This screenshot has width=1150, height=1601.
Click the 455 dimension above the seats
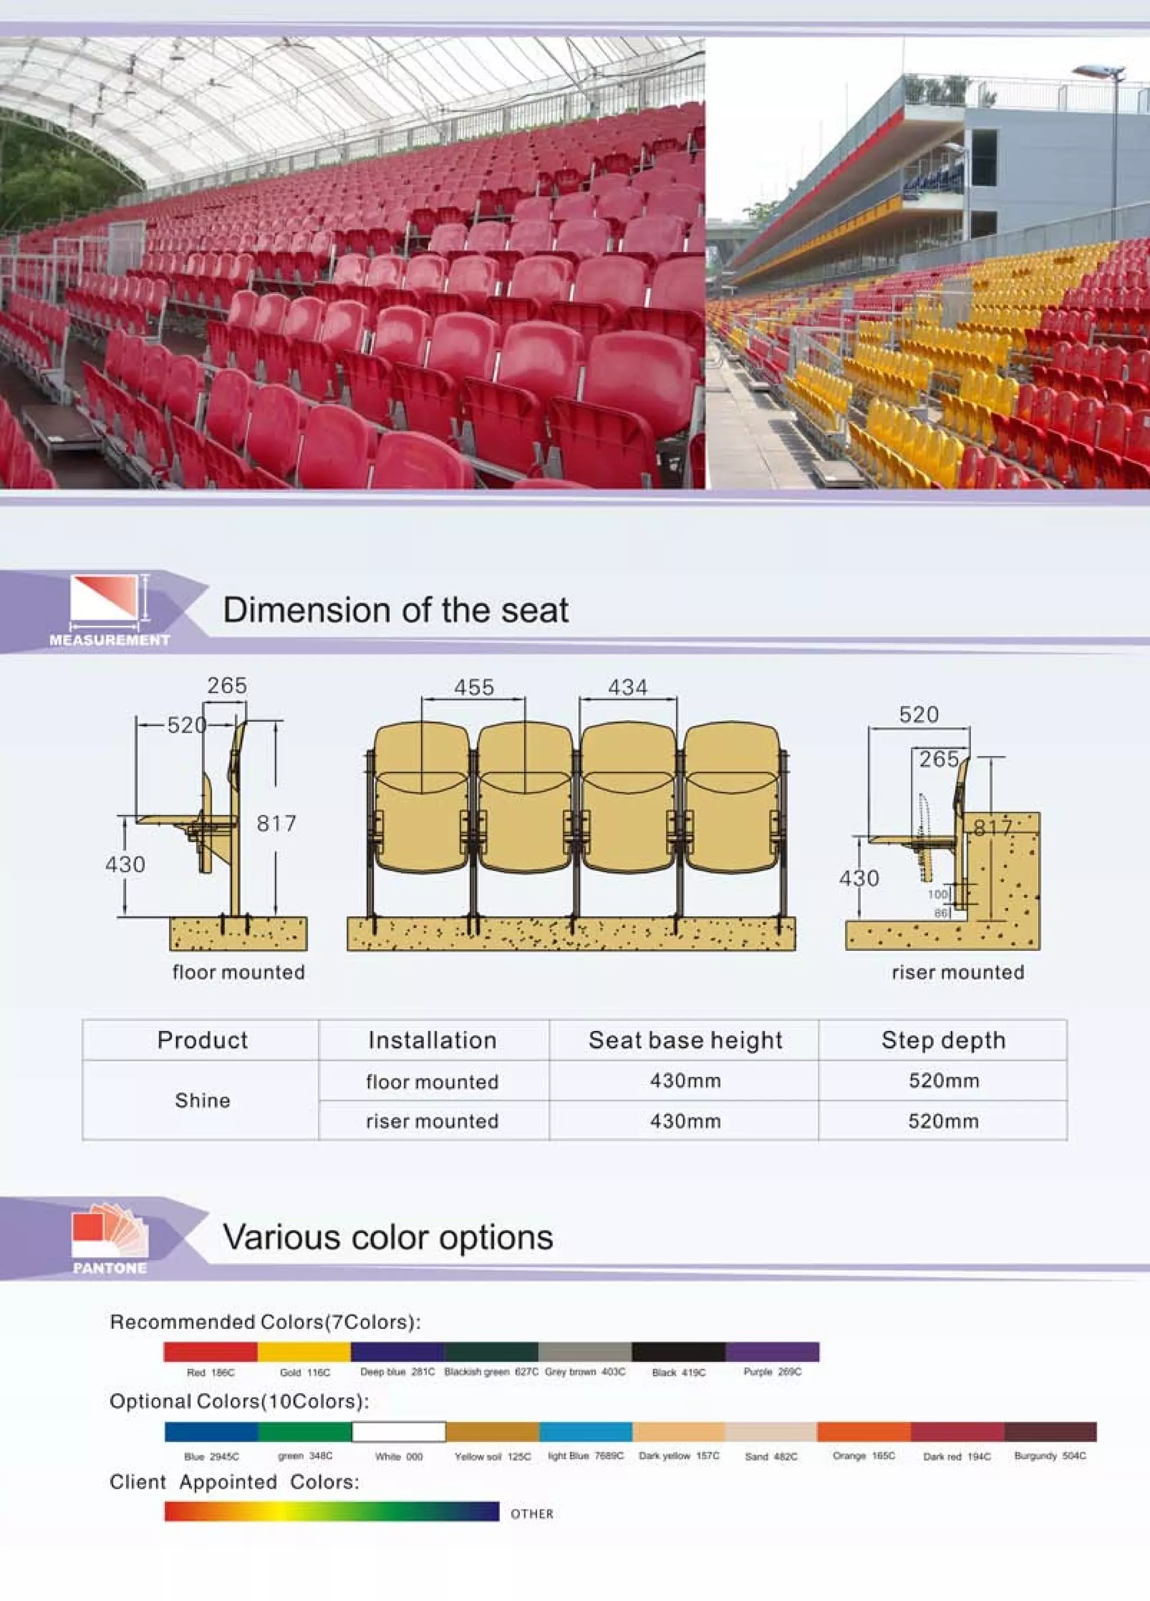point(474,687)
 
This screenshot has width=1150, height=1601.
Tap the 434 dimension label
point(628,687)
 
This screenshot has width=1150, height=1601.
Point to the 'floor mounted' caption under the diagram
point(239,972)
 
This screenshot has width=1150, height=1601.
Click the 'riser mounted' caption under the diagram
point(958,972)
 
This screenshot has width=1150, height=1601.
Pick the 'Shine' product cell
point(203,1100)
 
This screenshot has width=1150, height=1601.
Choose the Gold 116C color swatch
point(304,1351)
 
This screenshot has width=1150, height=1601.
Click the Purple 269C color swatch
point(772,1351)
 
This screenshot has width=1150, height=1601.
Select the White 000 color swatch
point(399,1431)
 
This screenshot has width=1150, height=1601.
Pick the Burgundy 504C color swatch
point(1049,1431)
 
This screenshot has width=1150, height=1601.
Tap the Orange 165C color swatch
point(864,1431)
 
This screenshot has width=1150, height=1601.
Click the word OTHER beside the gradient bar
point(532,1513)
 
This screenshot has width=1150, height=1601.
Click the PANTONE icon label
point(109,1268)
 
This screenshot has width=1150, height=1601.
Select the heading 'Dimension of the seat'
point(395,610)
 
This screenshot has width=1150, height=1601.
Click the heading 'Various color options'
point(387,1237)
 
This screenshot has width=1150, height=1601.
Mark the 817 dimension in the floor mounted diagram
point(276,823)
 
